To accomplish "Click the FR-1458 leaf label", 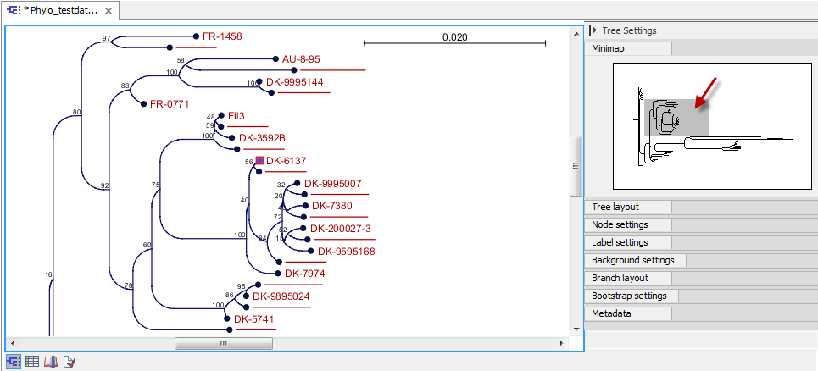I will (222, 37).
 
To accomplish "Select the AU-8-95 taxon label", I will (302, 59).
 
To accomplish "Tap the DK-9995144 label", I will (294, 82).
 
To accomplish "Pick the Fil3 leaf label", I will (237, 115).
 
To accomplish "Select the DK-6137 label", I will (286, 160).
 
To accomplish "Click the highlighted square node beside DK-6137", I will (260, 160).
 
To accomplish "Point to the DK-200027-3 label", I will (341, 229).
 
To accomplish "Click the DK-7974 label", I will (304, 274).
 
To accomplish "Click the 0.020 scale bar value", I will (454, 37).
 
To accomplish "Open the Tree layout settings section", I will (615, 207).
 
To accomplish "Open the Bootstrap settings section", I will (629, 296).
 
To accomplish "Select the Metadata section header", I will (611, 313).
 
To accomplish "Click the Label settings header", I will (620, 242).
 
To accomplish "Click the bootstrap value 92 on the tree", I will (105, 185).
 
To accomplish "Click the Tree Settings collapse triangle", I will (593, 30).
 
